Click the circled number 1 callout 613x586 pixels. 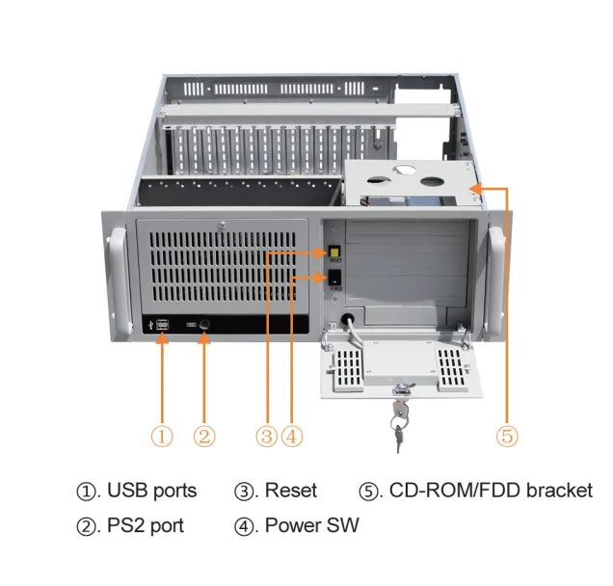(x=163, y=436)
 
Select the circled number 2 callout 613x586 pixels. (x=204, y=436)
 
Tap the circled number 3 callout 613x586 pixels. (x=267, y=436)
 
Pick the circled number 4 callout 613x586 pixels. (x=291, y=436)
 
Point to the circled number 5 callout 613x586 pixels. (x=507, y=436)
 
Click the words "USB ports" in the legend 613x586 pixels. (x=151, y=491)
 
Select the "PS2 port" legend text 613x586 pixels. (x=145, y=526)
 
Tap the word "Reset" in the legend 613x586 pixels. (x=290, y=491)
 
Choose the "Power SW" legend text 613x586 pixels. (x=311, y=526)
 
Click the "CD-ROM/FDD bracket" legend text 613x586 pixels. (x=491, y=491)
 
